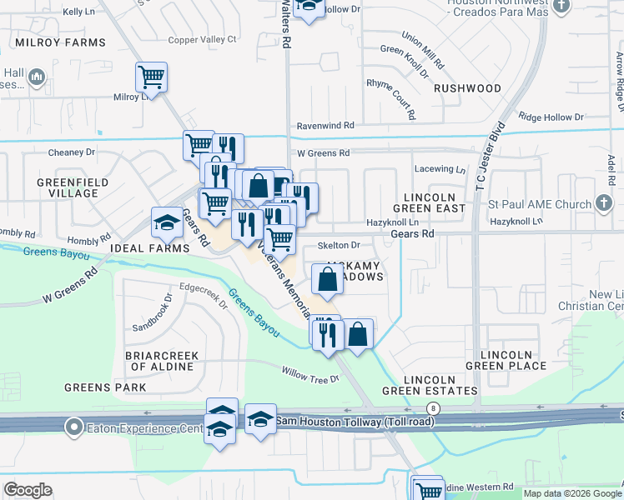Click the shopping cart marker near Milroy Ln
pyautogui.click(x=151, y=77)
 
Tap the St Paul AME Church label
pyautogui.click(x=539, y=203)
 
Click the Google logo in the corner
pyautogui.click(x=28, y=489)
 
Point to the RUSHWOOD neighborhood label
pyautogui.click(x=467, y=88)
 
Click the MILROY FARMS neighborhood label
pyautogui.click(x=59, y=42)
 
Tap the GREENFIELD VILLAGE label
pyautogui.click(x=68, y=187)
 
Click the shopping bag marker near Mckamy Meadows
pyautogui.click(x=328, y=280)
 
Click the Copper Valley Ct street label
pyautogui.click(x=202, y=39)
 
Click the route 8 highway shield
pyautogui.click(x=432, y=408)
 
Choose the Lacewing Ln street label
pyautogui.click(x=439, y=169)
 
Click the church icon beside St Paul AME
pyautogui.click(x=605, y=203)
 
